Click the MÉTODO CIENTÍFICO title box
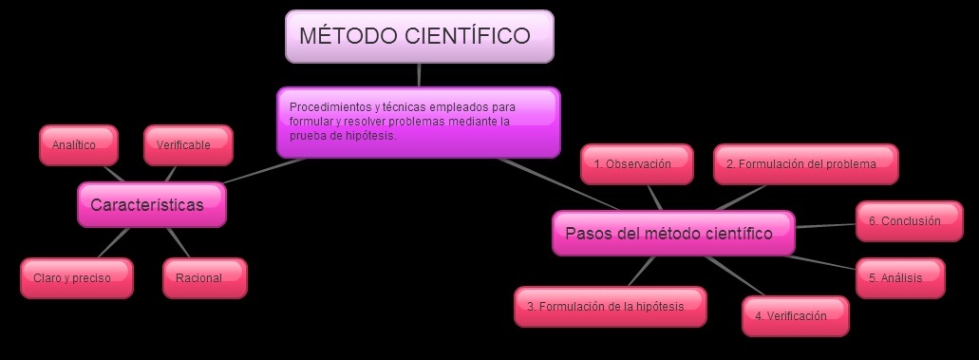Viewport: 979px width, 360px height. pyautogui.click(x=419, y=37)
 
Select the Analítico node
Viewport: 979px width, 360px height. pyautogui.click(x=79, y=145)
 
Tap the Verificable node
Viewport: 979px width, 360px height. pyautogui.click(x=188, y=145)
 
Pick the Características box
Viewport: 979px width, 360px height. pyautogui.click(x=151, y=205)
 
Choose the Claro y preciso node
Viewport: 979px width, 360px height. pyautogui.click(x=76, y=278)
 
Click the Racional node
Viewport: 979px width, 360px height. pyautogui.click(x=203, y=278)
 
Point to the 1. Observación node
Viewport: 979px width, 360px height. pyautogui.click(x=632, y=164)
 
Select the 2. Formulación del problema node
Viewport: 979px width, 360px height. pyautogui.click(x=805, y=164)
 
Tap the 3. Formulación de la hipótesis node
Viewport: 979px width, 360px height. pyautogui.click(x=612, y=307)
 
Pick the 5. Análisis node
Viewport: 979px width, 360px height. pyautogui.click(x=900, y=278)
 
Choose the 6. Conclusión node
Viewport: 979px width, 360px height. pyautogui.click(x=909, y=221)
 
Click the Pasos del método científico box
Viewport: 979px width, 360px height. pyautogui.click(x=673, y=234)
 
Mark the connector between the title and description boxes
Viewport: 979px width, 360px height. pyautogui.click(x=419, y=75)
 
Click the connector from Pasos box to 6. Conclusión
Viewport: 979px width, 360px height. pyautogui.click(x=825, y=226)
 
